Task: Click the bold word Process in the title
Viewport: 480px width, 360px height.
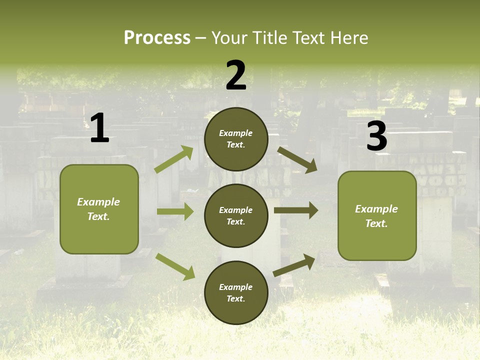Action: tap(157, 38)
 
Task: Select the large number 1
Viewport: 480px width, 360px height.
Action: tap(99, 128)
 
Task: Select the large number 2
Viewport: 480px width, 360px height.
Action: tap(236, 75)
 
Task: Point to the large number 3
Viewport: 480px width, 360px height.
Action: tap(376, 136)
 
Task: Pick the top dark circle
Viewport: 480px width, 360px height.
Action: tap(236, 139)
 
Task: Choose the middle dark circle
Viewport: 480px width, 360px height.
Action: tap(236, 215)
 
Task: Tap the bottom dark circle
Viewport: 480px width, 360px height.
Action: tap(236, 292)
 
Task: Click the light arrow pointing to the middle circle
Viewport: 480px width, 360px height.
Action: tap(175, 211)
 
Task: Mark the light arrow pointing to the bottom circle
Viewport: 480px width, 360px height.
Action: tap(175, 266)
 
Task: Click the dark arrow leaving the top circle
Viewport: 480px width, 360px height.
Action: tap(297, 159)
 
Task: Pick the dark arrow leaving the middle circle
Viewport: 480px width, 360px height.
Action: tap(296, 210)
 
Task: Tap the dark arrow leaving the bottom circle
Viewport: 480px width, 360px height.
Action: tap(294, 265)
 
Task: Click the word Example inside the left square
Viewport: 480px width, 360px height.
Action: tap(98, 202)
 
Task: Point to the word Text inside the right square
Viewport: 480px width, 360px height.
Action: tap(376, 223)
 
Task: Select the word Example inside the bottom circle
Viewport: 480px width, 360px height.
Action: tap(235, 287)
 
